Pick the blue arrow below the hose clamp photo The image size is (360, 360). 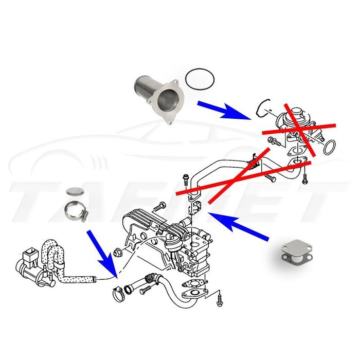click(101, 252)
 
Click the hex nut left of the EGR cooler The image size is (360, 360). click(118, 253)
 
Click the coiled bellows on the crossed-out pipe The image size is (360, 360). click(252, 163)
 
